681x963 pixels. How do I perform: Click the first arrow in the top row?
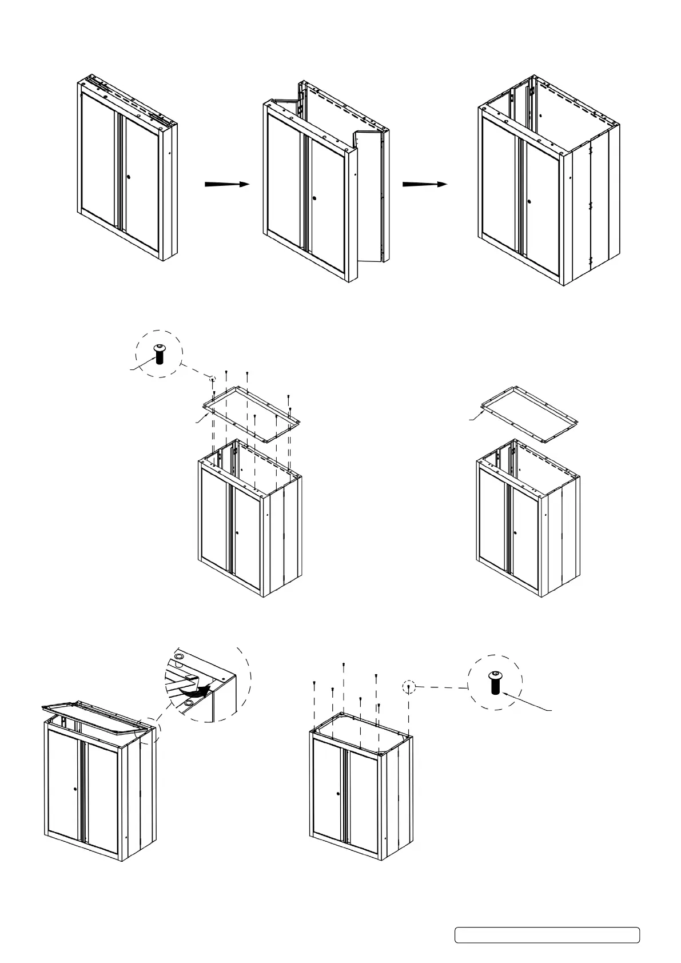coord(227,184)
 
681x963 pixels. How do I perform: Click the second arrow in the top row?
coord(424,184)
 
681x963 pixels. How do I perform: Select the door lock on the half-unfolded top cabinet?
coord(315,198)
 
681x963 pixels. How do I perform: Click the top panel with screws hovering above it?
coord(252,413)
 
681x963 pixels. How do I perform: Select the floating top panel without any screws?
coord(529,413)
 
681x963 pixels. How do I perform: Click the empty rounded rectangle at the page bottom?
coord(547,935)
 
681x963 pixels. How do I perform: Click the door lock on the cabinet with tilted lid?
coord(75,789)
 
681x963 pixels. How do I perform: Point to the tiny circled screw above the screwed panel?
coord(212,379)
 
